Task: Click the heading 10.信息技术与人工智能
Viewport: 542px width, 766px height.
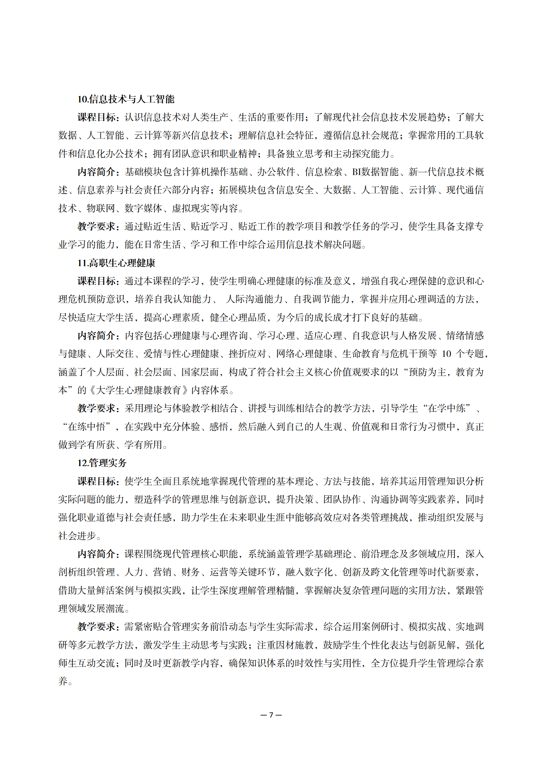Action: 126,99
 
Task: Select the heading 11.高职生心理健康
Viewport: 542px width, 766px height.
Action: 116,263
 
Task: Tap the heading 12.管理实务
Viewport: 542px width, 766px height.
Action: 102,463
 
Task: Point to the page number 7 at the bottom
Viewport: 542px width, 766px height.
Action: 271,715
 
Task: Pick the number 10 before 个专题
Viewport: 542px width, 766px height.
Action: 446,354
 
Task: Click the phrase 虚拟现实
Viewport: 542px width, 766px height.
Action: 191,208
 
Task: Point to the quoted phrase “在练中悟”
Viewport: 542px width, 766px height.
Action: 87,427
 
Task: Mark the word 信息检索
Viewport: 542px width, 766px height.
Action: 323,172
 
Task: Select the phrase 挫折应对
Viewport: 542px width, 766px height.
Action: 247,354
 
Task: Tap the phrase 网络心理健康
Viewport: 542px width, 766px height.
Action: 304,354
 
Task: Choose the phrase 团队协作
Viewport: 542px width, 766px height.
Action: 342,500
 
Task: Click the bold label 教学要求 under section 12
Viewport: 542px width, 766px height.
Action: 96,627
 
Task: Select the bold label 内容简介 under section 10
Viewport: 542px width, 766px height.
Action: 96,172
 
